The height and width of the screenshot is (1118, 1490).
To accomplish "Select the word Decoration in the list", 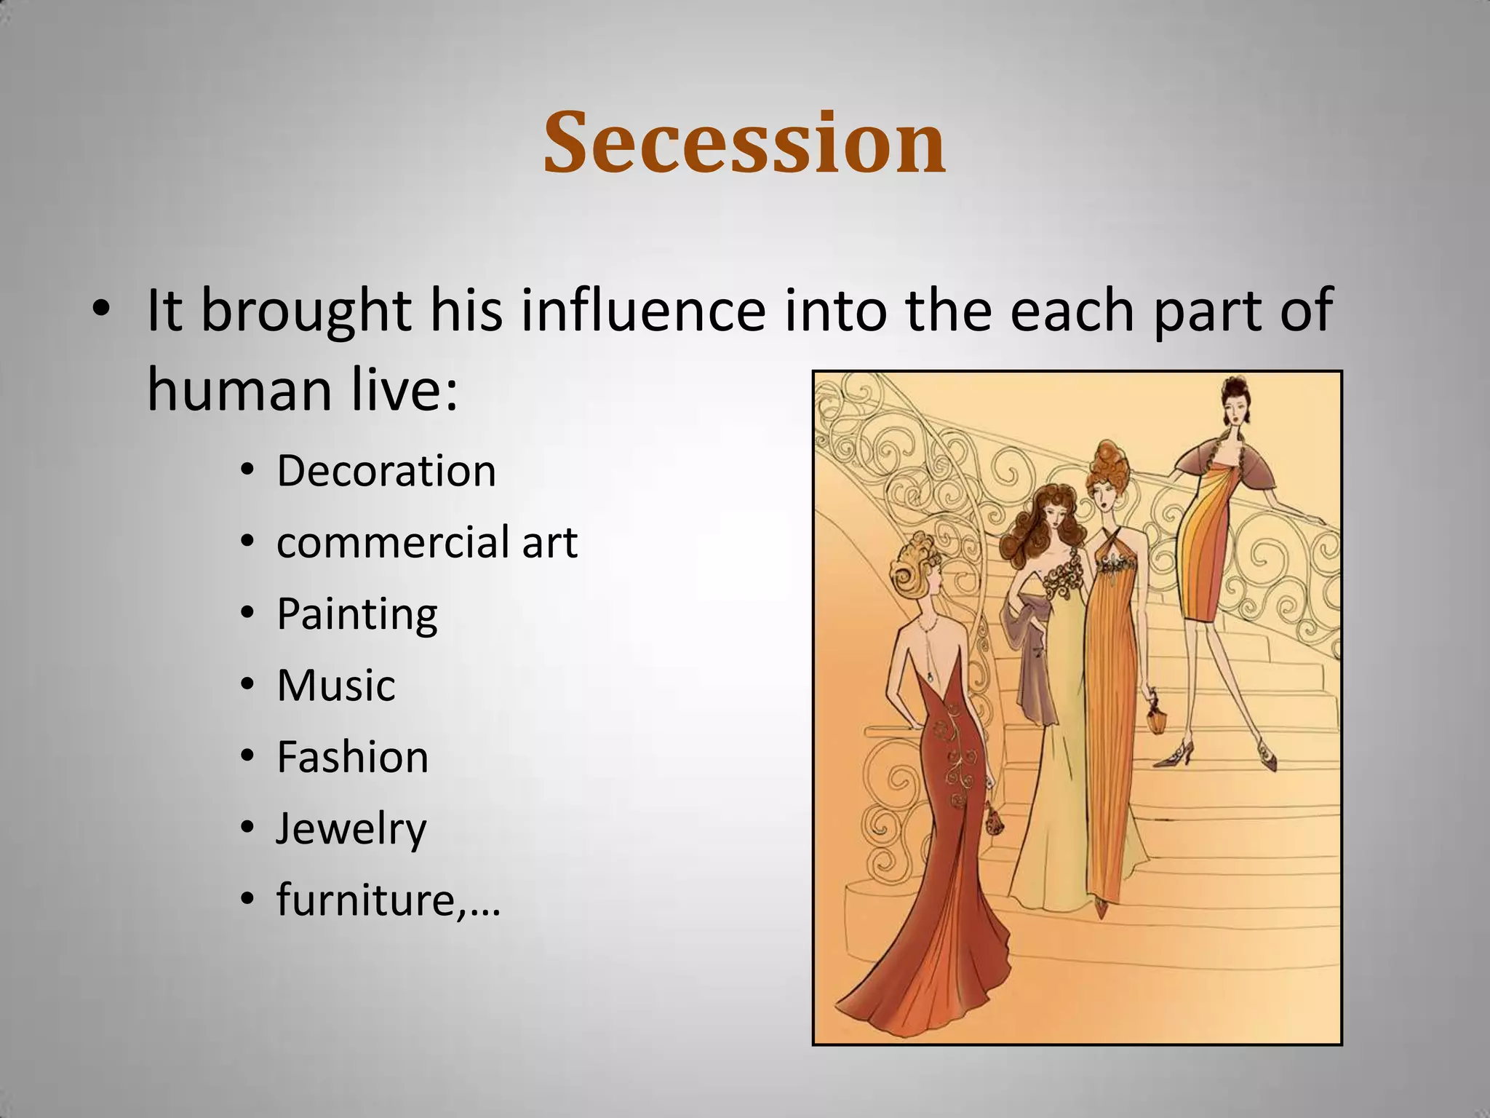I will point(386,471).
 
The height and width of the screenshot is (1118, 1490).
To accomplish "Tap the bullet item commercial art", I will point(426,542).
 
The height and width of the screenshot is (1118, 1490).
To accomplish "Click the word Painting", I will point(356,614).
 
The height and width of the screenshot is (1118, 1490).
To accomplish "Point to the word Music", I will point(335,686).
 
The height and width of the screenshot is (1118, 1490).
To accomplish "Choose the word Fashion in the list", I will point(352,757).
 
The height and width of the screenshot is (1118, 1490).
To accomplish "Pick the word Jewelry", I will point(351,829).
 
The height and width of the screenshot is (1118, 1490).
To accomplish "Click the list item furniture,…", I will point(388,900).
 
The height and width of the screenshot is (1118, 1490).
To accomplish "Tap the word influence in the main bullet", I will point(643,311).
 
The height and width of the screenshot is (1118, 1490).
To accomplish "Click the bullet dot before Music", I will point(248,686).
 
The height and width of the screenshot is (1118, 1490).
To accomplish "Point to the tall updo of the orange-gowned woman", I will point(1107,469).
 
